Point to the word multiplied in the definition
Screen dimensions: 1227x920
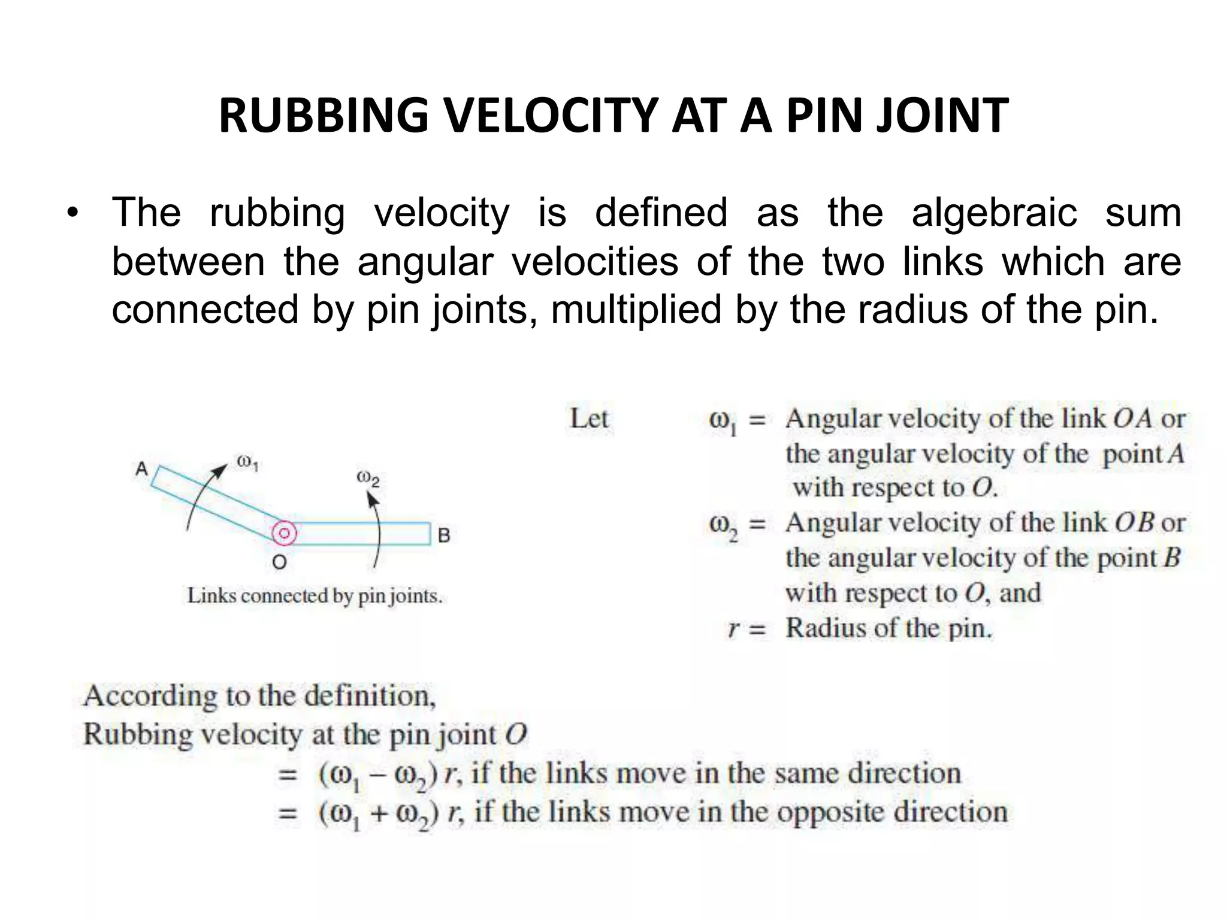pos(636,310)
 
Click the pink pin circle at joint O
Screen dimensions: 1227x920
pos(284,533)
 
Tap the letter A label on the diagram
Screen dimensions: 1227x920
pos(141,468)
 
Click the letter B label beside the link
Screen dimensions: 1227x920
pos(444,535)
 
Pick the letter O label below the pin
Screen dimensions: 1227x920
pos(279,562)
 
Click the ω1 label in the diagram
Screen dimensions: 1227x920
pos(247,462)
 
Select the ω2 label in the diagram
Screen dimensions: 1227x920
pos(368,479)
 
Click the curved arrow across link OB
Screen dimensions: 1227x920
pos(377,527)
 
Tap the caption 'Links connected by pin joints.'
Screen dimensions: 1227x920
pos(315,596)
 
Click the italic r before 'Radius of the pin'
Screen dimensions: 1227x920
pos(733,629)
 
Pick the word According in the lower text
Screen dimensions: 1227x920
pos(150,695)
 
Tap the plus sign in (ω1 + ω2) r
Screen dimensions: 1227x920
pos(377,813)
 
